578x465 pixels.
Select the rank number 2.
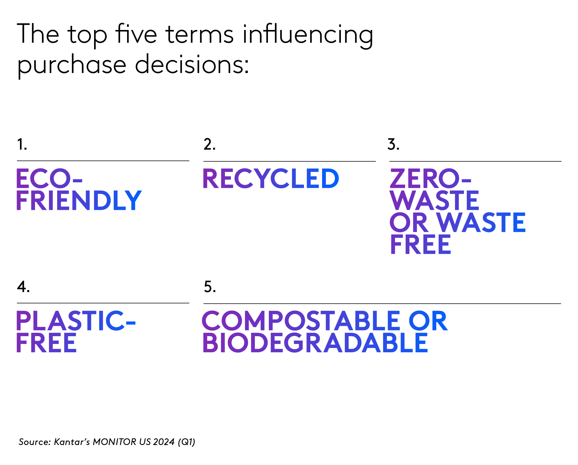[x=209, y=145]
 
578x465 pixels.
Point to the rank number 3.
[x=393, y=145]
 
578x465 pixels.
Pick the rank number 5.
[x=210, y=287]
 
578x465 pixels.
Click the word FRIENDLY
[x=79, y=200]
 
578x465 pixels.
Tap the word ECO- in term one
[x=49, y=179]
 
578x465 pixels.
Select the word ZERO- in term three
[x=430, y=179]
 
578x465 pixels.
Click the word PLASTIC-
[x=76, y=321]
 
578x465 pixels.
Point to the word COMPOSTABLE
[x=301, y=321]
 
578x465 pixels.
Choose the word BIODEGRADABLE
[x=315, y=343]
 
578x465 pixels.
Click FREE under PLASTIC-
[x=46, y=343]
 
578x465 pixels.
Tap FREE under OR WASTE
[x=420, y=245]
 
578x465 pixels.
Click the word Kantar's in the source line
[x=72, y=442]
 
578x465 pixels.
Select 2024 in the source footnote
[x=164, y=442]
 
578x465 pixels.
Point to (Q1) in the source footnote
[x=187, y=442]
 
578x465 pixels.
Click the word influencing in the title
[x=308, y=35]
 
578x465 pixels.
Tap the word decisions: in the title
[x=192, y=65]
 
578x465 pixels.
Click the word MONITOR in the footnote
[x=114, y=442]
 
